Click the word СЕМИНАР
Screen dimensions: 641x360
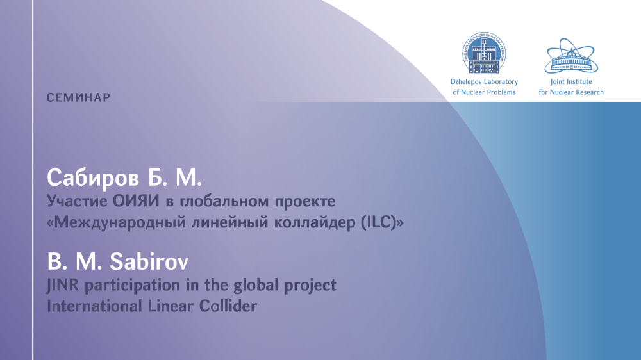78,97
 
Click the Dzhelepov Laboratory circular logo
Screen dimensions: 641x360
484,53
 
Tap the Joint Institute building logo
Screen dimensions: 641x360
571,56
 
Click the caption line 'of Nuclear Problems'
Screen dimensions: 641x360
484,92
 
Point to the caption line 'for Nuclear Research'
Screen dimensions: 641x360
571,92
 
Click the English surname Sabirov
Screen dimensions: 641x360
149,262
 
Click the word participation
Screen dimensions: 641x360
132,286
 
